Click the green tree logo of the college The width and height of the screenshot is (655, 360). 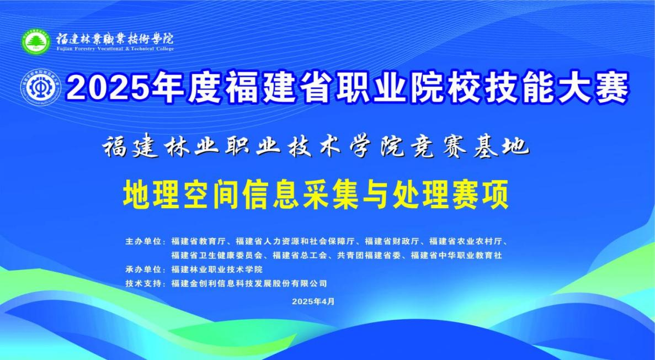pos(36,41)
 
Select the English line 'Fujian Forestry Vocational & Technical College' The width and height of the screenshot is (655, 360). pos(115,49)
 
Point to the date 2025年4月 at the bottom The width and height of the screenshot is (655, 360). pos(313,301)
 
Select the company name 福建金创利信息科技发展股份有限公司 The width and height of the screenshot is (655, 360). pos(249,283)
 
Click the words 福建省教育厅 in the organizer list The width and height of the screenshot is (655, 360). pos(199,241)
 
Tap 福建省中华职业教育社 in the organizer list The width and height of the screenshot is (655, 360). pos(456,255)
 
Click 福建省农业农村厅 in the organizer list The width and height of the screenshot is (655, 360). pos(466,241)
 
